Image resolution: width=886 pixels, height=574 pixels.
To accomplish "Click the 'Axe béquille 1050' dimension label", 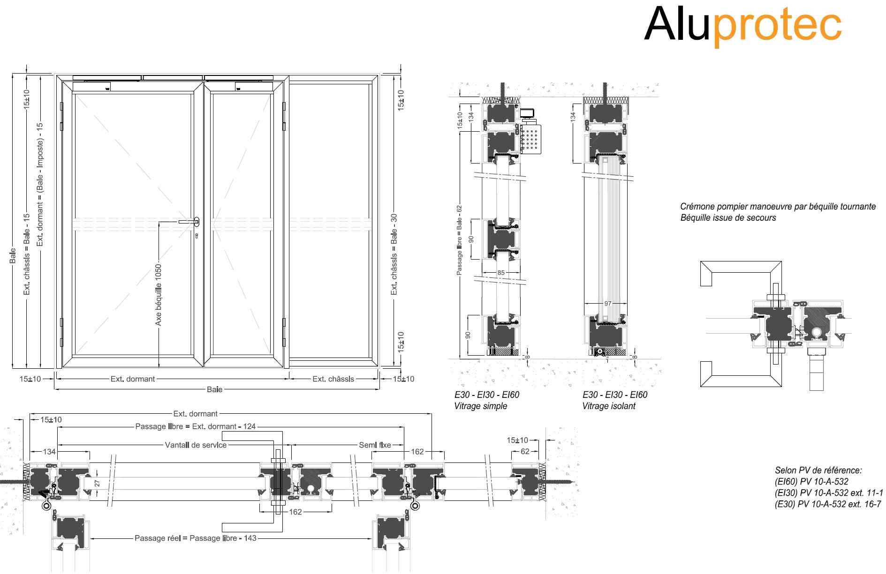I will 158,295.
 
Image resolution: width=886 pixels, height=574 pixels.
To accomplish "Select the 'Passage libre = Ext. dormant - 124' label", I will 196,426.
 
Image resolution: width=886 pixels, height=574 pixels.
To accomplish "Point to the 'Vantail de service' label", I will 196,445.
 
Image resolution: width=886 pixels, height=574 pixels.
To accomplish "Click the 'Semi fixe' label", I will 375,445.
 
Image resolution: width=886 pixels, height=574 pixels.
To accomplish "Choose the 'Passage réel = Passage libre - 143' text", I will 196,538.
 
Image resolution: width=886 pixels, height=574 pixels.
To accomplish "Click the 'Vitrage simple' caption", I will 480,406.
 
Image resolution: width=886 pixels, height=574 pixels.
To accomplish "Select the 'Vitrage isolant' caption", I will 608,406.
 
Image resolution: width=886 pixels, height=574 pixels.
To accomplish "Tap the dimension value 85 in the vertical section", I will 501,273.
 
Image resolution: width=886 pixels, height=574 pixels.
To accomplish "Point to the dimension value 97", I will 607,304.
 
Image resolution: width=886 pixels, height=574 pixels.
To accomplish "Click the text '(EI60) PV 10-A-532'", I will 811,481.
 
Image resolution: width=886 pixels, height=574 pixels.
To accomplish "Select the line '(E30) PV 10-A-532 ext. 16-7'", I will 828,504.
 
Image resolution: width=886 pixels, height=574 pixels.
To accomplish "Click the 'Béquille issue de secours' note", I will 728,218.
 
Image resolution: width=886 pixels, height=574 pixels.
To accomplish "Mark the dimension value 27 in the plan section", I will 97,483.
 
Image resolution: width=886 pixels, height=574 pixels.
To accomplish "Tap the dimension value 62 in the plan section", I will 525,451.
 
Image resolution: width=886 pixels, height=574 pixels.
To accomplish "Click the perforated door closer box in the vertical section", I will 530,139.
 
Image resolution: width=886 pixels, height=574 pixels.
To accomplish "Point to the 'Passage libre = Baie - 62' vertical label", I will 459,240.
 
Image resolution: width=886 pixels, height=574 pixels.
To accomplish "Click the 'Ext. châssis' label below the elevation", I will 333,379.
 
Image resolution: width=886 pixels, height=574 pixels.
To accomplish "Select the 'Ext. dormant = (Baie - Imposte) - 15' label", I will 40,184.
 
